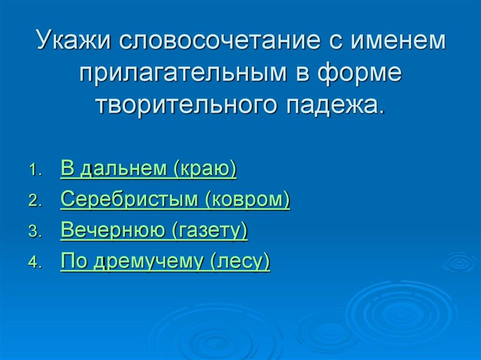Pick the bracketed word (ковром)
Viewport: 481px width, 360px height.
[x=247, y=200]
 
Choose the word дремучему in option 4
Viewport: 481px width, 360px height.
[x=148, y=261]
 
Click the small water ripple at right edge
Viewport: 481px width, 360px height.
[x=459, y=262]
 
